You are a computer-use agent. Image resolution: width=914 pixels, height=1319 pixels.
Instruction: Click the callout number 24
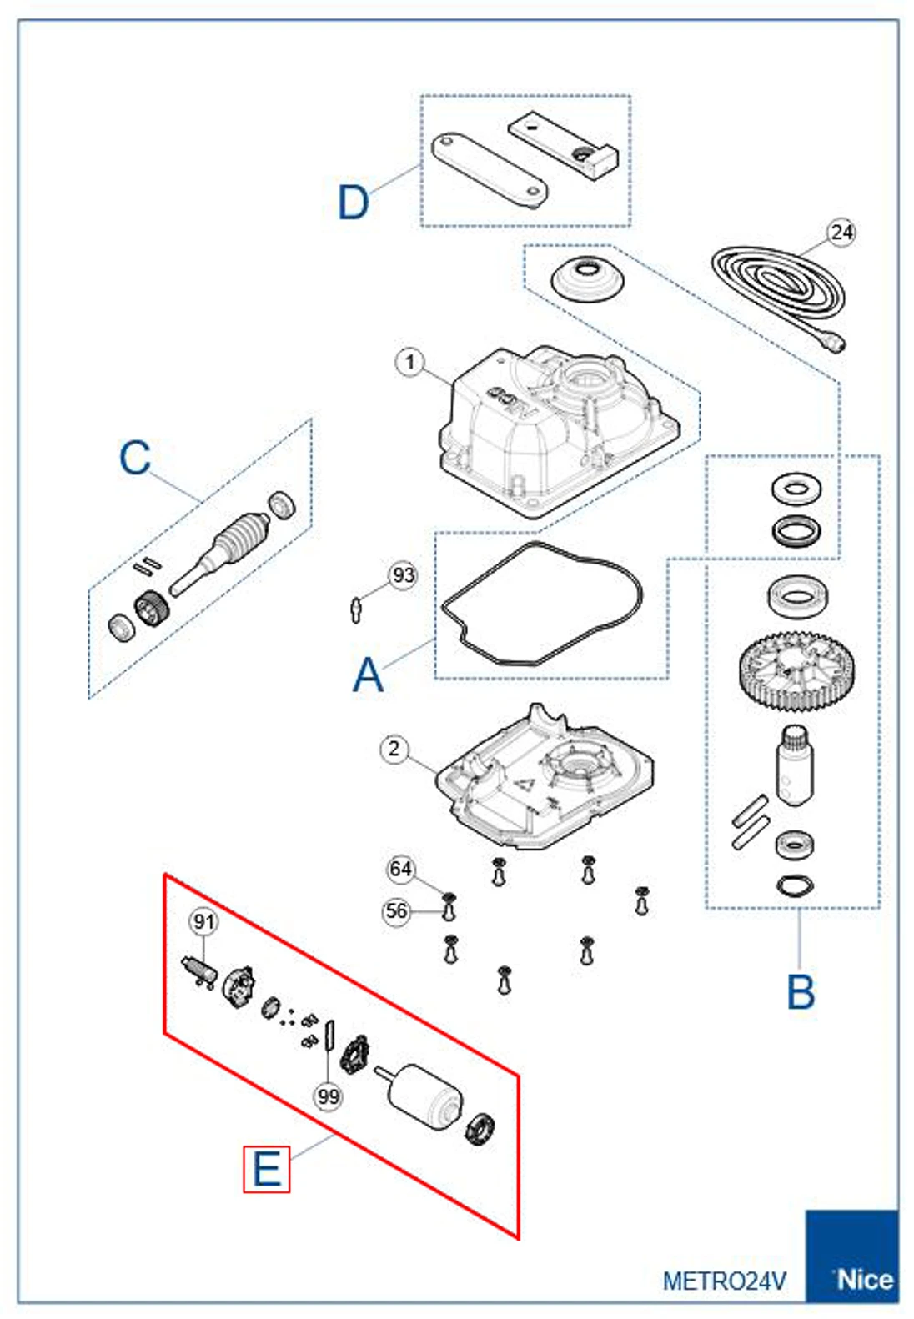841,232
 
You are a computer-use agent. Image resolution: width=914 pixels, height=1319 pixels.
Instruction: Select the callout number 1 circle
409,363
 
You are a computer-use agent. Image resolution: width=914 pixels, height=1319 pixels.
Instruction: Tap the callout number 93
403,575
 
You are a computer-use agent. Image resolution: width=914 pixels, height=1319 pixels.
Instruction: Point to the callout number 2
394,749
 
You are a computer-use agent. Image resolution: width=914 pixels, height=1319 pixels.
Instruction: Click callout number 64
401,869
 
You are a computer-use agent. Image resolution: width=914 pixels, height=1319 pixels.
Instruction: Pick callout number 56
396,911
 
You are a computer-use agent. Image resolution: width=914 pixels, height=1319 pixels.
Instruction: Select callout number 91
203,921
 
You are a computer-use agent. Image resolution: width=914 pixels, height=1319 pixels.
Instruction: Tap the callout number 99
329,1096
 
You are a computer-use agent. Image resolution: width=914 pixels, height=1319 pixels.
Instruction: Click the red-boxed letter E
267,1169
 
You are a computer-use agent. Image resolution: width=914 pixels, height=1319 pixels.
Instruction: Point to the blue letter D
354,203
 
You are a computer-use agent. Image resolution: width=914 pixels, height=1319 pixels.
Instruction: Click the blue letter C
135,458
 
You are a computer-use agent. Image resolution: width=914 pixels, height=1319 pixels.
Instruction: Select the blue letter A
368,675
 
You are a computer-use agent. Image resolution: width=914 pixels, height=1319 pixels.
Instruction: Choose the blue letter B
801,992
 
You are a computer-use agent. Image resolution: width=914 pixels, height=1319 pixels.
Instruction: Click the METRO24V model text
724,1281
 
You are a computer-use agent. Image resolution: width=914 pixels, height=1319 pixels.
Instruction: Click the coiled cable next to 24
778,288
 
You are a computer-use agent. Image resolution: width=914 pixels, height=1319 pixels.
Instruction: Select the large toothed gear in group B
796,671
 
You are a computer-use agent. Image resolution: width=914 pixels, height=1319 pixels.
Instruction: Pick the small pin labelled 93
356,609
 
